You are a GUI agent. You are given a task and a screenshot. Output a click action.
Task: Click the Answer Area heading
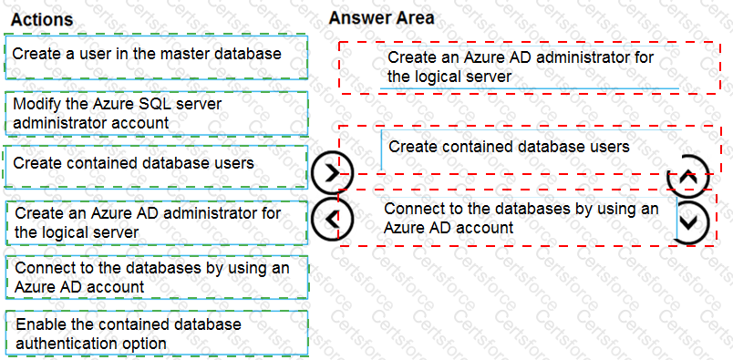(x=381, y=18)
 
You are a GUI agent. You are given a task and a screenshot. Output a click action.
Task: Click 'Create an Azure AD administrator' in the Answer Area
(x=521, y=67)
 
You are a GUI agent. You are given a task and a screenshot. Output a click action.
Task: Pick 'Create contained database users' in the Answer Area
(x=509, y=147)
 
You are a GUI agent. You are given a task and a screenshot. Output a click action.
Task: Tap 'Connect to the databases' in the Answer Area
(x=521, y=218)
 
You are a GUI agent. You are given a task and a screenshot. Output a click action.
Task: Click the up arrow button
(x=688, y=178)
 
